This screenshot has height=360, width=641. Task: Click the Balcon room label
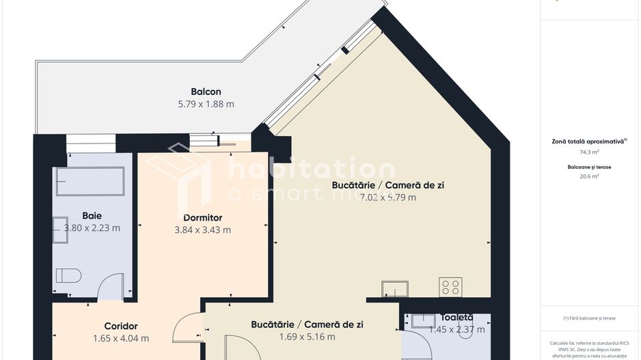[x=206, y=92]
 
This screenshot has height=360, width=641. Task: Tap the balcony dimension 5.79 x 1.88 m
[x=206, y=105]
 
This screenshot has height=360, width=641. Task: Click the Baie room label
[x=92, y=214]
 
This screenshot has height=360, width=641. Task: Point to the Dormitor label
[x=202, y=217]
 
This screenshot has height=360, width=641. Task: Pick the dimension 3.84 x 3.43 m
[x=202, y=230]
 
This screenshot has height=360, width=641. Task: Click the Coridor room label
[x=121, y=326]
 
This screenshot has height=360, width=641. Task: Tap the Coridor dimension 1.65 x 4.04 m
[x=121, y=338]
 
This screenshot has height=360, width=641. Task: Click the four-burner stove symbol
[x=450, y=287]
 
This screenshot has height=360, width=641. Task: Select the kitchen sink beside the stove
[x=394, y=288]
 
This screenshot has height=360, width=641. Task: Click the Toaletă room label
[x=456, y=318]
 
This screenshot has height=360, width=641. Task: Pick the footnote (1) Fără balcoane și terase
[x=589, y=318]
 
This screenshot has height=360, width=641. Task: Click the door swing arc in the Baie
[x=111, y=285]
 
